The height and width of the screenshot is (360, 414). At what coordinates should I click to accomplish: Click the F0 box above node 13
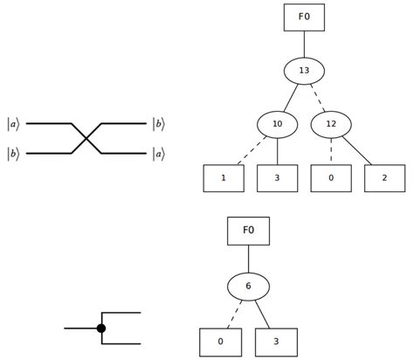coord(304,17)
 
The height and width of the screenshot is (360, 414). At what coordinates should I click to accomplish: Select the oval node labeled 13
coord(304,71)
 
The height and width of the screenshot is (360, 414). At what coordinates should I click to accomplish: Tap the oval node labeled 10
coord(277,125)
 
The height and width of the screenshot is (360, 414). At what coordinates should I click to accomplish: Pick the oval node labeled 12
coord(331,125)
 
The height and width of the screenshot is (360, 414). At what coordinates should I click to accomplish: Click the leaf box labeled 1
coord(224,178)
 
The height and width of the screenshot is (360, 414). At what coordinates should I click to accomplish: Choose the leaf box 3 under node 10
coord(278,178)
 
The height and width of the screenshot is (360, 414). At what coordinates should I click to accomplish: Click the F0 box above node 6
coord(248,232)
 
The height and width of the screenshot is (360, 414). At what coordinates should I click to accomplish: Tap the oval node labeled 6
coord(248,286)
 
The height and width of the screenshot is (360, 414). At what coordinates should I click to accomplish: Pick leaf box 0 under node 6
coord(221,341)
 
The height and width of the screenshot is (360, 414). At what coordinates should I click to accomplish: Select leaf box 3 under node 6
coord(275,341)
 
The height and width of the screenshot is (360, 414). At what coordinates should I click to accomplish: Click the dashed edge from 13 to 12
coord(318,98)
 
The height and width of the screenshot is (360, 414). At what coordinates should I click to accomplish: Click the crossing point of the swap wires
coord(86,138)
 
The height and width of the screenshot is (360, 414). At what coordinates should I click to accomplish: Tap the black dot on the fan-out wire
coord(101,328)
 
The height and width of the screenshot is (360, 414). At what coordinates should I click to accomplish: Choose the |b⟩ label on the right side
coord(157,124)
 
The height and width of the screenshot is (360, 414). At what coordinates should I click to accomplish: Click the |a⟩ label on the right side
coord(157,154)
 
